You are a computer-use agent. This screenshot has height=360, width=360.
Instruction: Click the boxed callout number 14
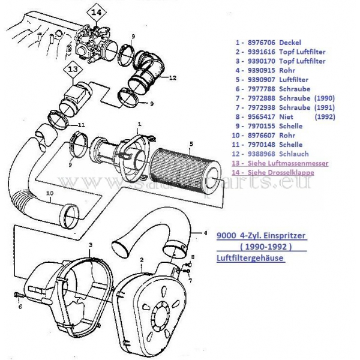[x=97, y=10]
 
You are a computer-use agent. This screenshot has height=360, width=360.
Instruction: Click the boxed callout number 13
[x=73, y=70]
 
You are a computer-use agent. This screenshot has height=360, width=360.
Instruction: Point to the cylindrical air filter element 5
[x=180, y=166]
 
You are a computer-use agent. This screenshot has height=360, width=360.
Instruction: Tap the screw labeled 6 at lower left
[x=17, y=296]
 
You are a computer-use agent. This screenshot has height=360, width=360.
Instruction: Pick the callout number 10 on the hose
[x=50, y=193]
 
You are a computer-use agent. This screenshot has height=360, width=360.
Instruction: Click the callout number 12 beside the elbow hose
[x=172, y=77]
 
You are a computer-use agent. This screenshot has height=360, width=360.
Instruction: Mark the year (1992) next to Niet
[x=324, y=117]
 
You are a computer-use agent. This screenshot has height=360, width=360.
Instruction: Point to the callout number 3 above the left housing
[x=89, y=245]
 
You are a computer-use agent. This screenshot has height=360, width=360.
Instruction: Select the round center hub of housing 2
[x=157, y=312]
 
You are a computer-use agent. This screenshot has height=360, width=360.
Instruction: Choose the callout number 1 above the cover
[x=139, y=124]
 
